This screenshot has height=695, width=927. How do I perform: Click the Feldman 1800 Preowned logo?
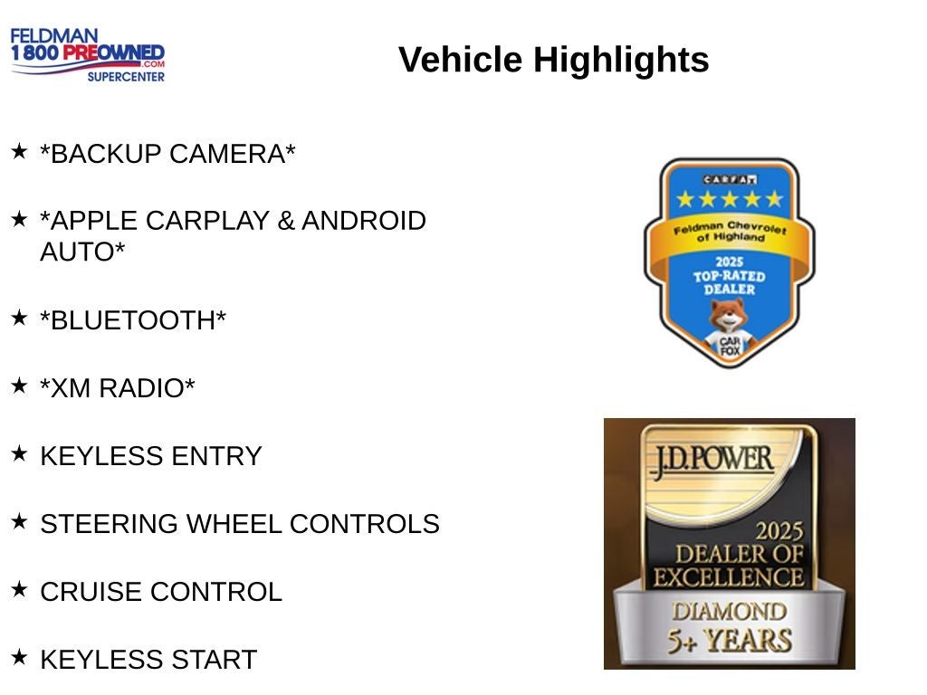click(x=88, y=54)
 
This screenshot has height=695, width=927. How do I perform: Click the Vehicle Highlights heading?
click(x=553, y=60)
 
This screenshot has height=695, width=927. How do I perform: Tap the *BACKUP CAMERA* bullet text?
click(x=167, y=154)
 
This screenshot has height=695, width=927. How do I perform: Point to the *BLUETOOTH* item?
click(x=133, y=320)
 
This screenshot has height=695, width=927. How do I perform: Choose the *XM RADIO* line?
click(x=118, y=388)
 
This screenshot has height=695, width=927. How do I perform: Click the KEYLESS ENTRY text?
click(x=150, y=456)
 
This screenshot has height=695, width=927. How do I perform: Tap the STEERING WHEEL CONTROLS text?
click(x=240, y=524)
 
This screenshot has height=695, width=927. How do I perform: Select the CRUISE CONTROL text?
click(x=161, y=592)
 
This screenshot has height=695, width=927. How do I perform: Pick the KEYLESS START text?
click(x=148, y=660)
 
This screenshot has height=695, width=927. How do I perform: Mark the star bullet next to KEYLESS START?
click(x=19, y=656)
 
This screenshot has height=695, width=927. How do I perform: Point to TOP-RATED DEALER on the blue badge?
click(x=729, y=281)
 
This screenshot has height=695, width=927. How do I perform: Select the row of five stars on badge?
click(x=729, y=199)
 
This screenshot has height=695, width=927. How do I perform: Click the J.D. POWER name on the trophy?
click(x=711, y=459)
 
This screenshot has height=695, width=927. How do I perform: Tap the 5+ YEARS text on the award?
click(x=729, y=640)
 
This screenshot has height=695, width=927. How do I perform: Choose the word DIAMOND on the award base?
click(x=729, y=611)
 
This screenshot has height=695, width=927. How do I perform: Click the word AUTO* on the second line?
click(x=82, y=252)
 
